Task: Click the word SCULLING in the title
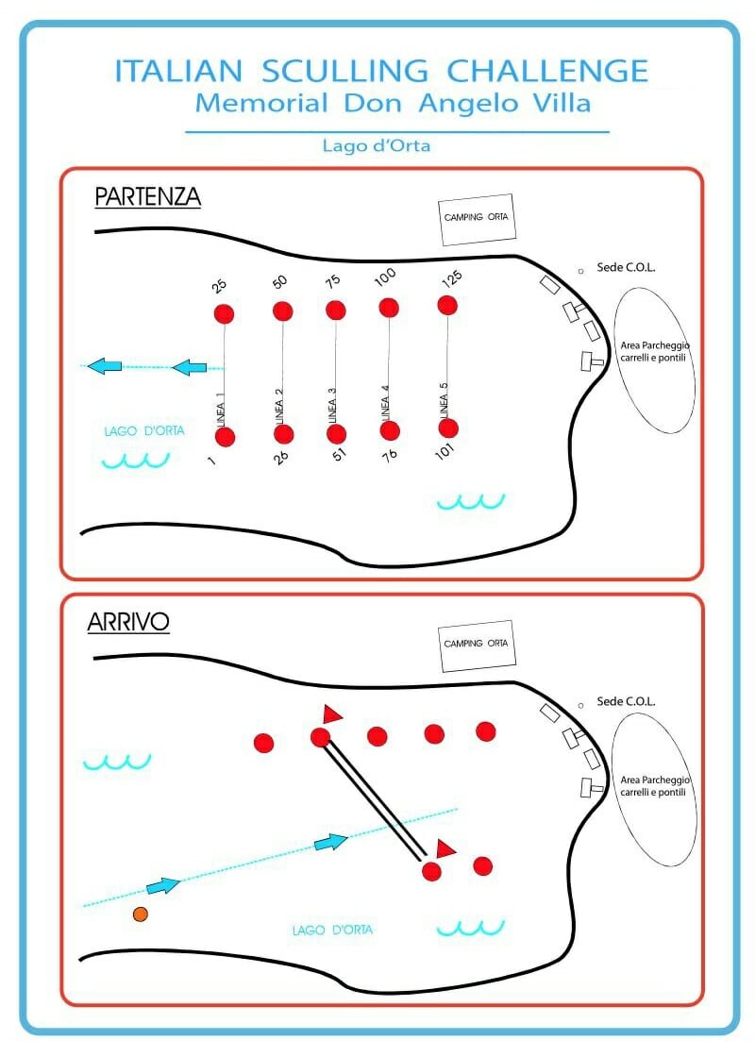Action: pos(344,72)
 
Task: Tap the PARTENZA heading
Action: pos(147,196)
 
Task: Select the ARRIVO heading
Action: pos(128,622)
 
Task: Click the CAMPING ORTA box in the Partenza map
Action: pos(477,220)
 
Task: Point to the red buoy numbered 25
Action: pos(224,313)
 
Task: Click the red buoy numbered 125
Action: pos(447,306)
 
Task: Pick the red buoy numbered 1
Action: pos(226,437)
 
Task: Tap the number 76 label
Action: pos(390,456)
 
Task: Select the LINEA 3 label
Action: pos(331,406)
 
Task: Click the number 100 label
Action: pos(385,277)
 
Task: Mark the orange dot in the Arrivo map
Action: pos(141,914)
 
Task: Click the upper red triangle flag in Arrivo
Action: pos(331,714)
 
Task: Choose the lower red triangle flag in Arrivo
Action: pos(445,848)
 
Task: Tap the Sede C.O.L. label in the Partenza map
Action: pos(626,268)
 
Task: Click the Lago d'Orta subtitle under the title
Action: pos(377,145)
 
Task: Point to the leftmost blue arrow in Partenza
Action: pos(105,366)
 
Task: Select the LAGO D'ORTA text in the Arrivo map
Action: pos(332,931)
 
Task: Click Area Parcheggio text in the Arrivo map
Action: pos(655,780)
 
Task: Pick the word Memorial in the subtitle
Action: pos(261,103)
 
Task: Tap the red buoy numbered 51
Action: pos(336,434)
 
